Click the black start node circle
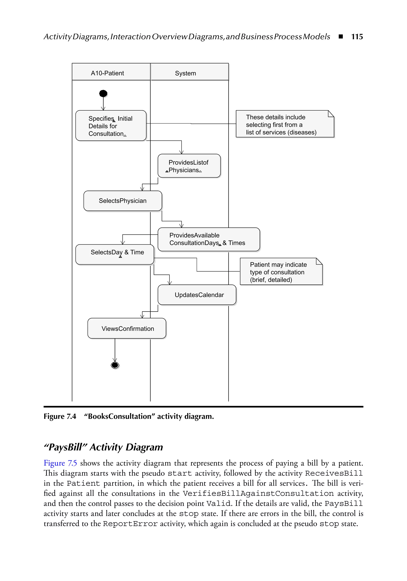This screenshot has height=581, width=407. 103,93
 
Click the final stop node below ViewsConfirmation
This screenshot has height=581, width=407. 115,365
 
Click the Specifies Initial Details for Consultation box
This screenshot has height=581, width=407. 111,126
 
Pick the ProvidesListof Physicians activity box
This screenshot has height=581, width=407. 189,166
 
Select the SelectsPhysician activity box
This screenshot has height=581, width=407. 123,201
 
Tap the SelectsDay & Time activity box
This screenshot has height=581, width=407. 115,254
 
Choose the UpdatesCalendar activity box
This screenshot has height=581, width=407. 197,295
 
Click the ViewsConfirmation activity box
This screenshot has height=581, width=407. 127,328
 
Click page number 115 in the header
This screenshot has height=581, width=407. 357,37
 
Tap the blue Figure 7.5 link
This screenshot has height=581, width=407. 60,463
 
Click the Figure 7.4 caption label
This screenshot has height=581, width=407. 60,416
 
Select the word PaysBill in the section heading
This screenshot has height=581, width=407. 65,447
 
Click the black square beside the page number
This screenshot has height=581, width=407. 341,37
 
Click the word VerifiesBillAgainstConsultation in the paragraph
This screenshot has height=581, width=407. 258,493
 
